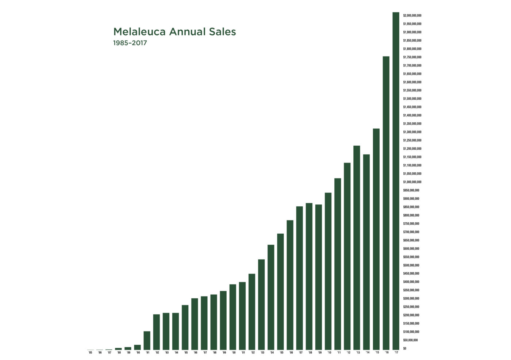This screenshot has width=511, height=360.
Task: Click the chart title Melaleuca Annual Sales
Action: [x=174, y=32]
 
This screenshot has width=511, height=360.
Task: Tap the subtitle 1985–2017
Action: [x=130, y=43]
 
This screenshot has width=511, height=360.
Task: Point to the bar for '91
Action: [x=147, y=340]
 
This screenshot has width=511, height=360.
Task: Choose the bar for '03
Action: [x=261, y=305]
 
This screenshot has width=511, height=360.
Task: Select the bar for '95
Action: [x=185, y=327]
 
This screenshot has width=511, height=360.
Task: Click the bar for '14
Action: [x=366, y=252]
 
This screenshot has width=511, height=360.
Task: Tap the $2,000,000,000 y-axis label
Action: [x=412, y=16]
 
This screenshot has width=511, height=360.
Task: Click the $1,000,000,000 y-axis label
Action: [x=412, y=182]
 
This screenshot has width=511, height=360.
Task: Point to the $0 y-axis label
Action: [x=405, y=349]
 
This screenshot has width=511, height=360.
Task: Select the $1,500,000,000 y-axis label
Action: [x=412, y=99]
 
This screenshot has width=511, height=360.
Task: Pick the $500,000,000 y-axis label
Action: [x=411, y=265]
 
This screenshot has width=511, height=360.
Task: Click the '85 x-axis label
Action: [x=90, y=353]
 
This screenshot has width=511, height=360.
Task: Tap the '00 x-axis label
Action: [x=233, y=353]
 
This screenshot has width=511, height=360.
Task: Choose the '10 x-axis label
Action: [x=329, y=353]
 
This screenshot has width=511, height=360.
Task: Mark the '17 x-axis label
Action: [x=396, y=353]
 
